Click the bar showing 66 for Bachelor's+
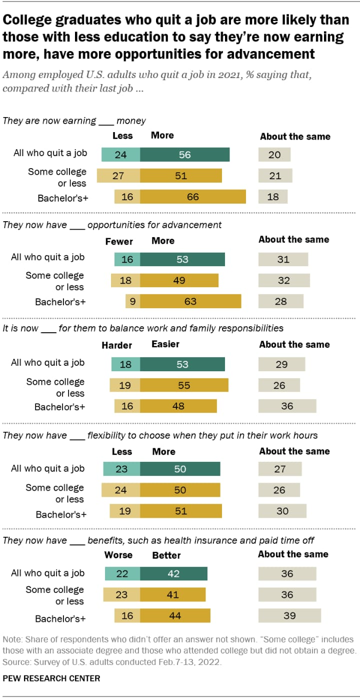193,197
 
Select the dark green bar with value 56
184,155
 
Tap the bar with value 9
132,301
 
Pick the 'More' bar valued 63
190,301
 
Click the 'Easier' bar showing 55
184,385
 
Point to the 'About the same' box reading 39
289,615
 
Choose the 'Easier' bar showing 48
178,406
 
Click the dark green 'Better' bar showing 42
173,573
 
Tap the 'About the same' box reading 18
273,197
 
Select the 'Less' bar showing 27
118,176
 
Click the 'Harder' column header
116,345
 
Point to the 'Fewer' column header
119,241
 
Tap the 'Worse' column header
118,554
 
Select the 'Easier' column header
165,344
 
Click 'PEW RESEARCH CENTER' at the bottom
51,678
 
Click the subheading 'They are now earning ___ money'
74,121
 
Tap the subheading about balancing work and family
143,328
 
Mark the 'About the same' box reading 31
283,259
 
